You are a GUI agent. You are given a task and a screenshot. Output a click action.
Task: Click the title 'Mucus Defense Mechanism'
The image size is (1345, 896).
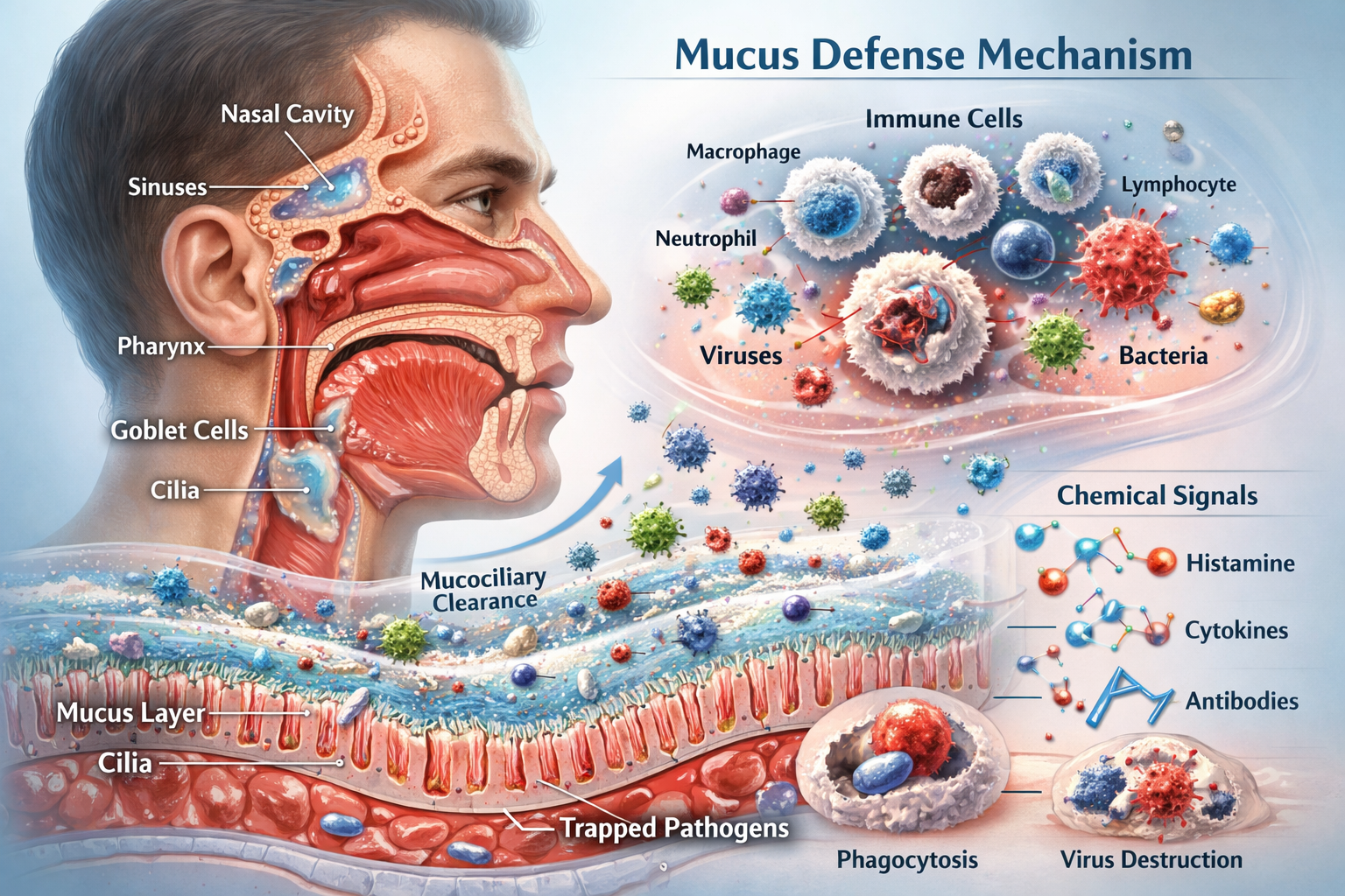(933, 54)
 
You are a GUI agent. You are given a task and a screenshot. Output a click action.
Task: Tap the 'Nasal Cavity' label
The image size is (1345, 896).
(286, 115)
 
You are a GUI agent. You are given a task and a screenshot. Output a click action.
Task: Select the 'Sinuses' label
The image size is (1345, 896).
(167, 186)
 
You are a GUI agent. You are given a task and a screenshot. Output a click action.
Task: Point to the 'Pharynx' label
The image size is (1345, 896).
(161, 346)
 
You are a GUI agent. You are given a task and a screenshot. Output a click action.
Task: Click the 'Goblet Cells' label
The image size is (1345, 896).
(180, 430)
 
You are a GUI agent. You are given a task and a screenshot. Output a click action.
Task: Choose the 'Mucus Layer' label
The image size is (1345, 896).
(130, 713)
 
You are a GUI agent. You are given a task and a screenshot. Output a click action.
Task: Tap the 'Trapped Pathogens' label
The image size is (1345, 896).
(673, 828)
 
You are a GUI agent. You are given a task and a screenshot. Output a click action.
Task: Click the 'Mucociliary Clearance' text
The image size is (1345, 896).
(483, 590)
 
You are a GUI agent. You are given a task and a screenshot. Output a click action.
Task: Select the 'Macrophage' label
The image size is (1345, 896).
(743, 152)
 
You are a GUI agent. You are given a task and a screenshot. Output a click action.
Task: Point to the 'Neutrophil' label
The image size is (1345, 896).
(706, 238)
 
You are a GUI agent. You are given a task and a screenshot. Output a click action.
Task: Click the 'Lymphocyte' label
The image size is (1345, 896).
(1179, 185)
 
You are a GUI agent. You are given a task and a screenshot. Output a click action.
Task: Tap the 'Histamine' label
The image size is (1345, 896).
(1240, 563)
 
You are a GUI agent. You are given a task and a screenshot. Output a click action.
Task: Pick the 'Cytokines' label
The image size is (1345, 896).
(1236, 630)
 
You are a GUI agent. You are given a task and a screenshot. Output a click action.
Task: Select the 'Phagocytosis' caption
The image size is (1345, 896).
(907, 859)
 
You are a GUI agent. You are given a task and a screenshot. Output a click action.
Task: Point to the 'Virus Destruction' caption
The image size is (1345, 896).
(1151, 859)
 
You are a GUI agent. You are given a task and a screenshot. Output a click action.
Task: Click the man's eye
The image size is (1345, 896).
(477, 202)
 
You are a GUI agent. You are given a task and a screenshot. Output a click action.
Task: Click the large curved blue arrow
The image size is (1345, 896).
(560, 516)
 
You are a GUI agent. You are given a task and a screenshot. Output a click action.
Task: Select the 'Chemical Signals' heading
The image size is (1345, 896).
(1157, 496)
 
